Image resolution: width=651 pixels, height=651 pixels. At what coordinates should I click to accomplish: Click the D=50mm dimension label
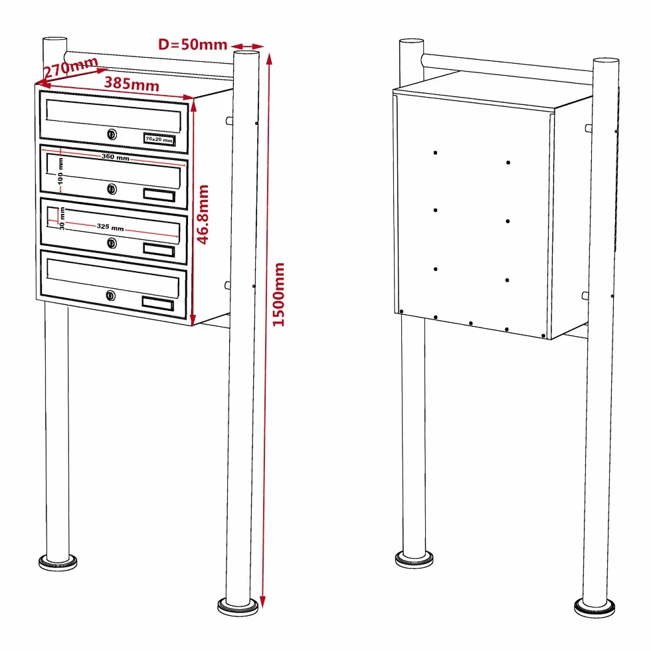point(193,44)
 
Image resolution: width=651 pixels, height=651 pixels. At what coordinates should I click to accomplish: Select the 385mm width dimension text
point(132,84)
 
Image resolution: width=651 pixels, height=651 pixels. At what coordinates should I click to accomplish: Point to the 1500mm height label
point(278,294)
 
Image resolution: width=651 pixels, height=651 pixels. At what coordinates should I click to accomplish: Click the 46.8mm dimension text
point(202,214)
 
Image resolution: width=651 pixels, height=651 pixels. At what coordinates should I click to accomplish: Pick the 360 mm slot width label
point(116,157)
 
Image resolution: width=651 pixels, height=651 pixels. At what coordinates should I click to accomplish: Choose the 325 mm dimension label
point(110,227)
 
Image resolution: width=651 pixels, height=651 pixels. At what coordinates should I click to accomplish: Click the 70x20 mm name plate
point(159,139)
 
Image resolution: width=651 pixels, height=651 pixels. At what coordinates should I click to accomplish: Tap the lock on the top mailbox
point(112,134)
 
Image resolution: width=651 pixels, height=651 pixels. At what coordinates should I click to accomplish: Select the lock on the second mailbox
point(112,189)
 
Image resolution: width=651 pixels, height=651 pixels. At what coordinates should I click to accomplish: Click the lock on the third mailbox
point(112,243)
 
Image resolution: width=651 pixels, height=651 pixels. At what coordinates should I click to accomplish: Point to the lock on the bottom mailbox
point(110,296)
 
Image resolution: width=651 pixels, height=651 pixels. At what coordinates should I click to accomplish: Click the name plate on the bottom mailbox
point(158,304)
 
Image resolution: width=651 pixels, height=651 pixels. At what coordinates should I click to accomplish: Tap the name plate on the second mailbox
point(159,195)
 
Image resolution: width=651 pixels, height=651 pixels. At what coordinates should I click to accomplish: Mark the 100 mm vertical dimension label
point(60,171)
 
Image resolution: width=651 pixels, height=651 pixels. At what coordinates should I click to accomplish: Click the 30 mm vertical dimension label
point(62,219)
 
